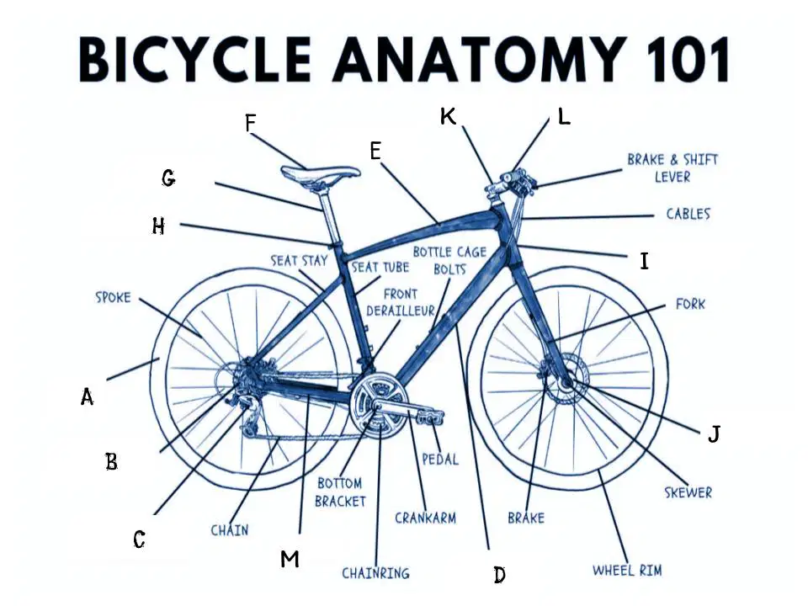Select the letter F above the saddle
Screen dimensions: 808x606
coord(251,124)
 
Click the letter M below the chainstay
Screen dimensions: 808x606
coord(290,559)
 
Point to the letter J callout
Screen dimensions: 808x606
coord(714,434)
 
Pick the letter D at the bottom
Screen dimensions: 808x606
coord(499,574)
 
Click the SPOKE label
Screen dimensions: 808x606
coord(114,297)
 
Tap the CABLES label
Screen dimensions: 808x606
coord(688,214)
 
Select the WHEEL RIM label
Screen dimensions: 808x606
coord(627,570)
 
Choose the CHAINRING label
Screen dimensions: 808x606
coord(375,572)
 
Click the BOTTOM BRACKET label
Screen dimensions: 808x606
coord(340,492)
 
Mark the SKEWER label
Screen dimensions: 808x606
coord(688,492)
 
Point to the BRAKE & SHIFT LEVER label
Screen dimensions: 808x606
coord(672,168)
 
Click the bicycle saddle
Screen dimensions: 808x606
coord(321,173)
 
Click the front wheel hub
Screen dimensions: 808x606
coord(566,383)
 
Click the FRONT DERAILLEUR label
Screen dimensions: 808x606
coord(401,302)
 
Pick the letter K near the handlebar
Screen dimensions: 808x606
coord(448,117)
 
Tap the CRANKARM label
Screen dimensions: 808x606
coord(426,518)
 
